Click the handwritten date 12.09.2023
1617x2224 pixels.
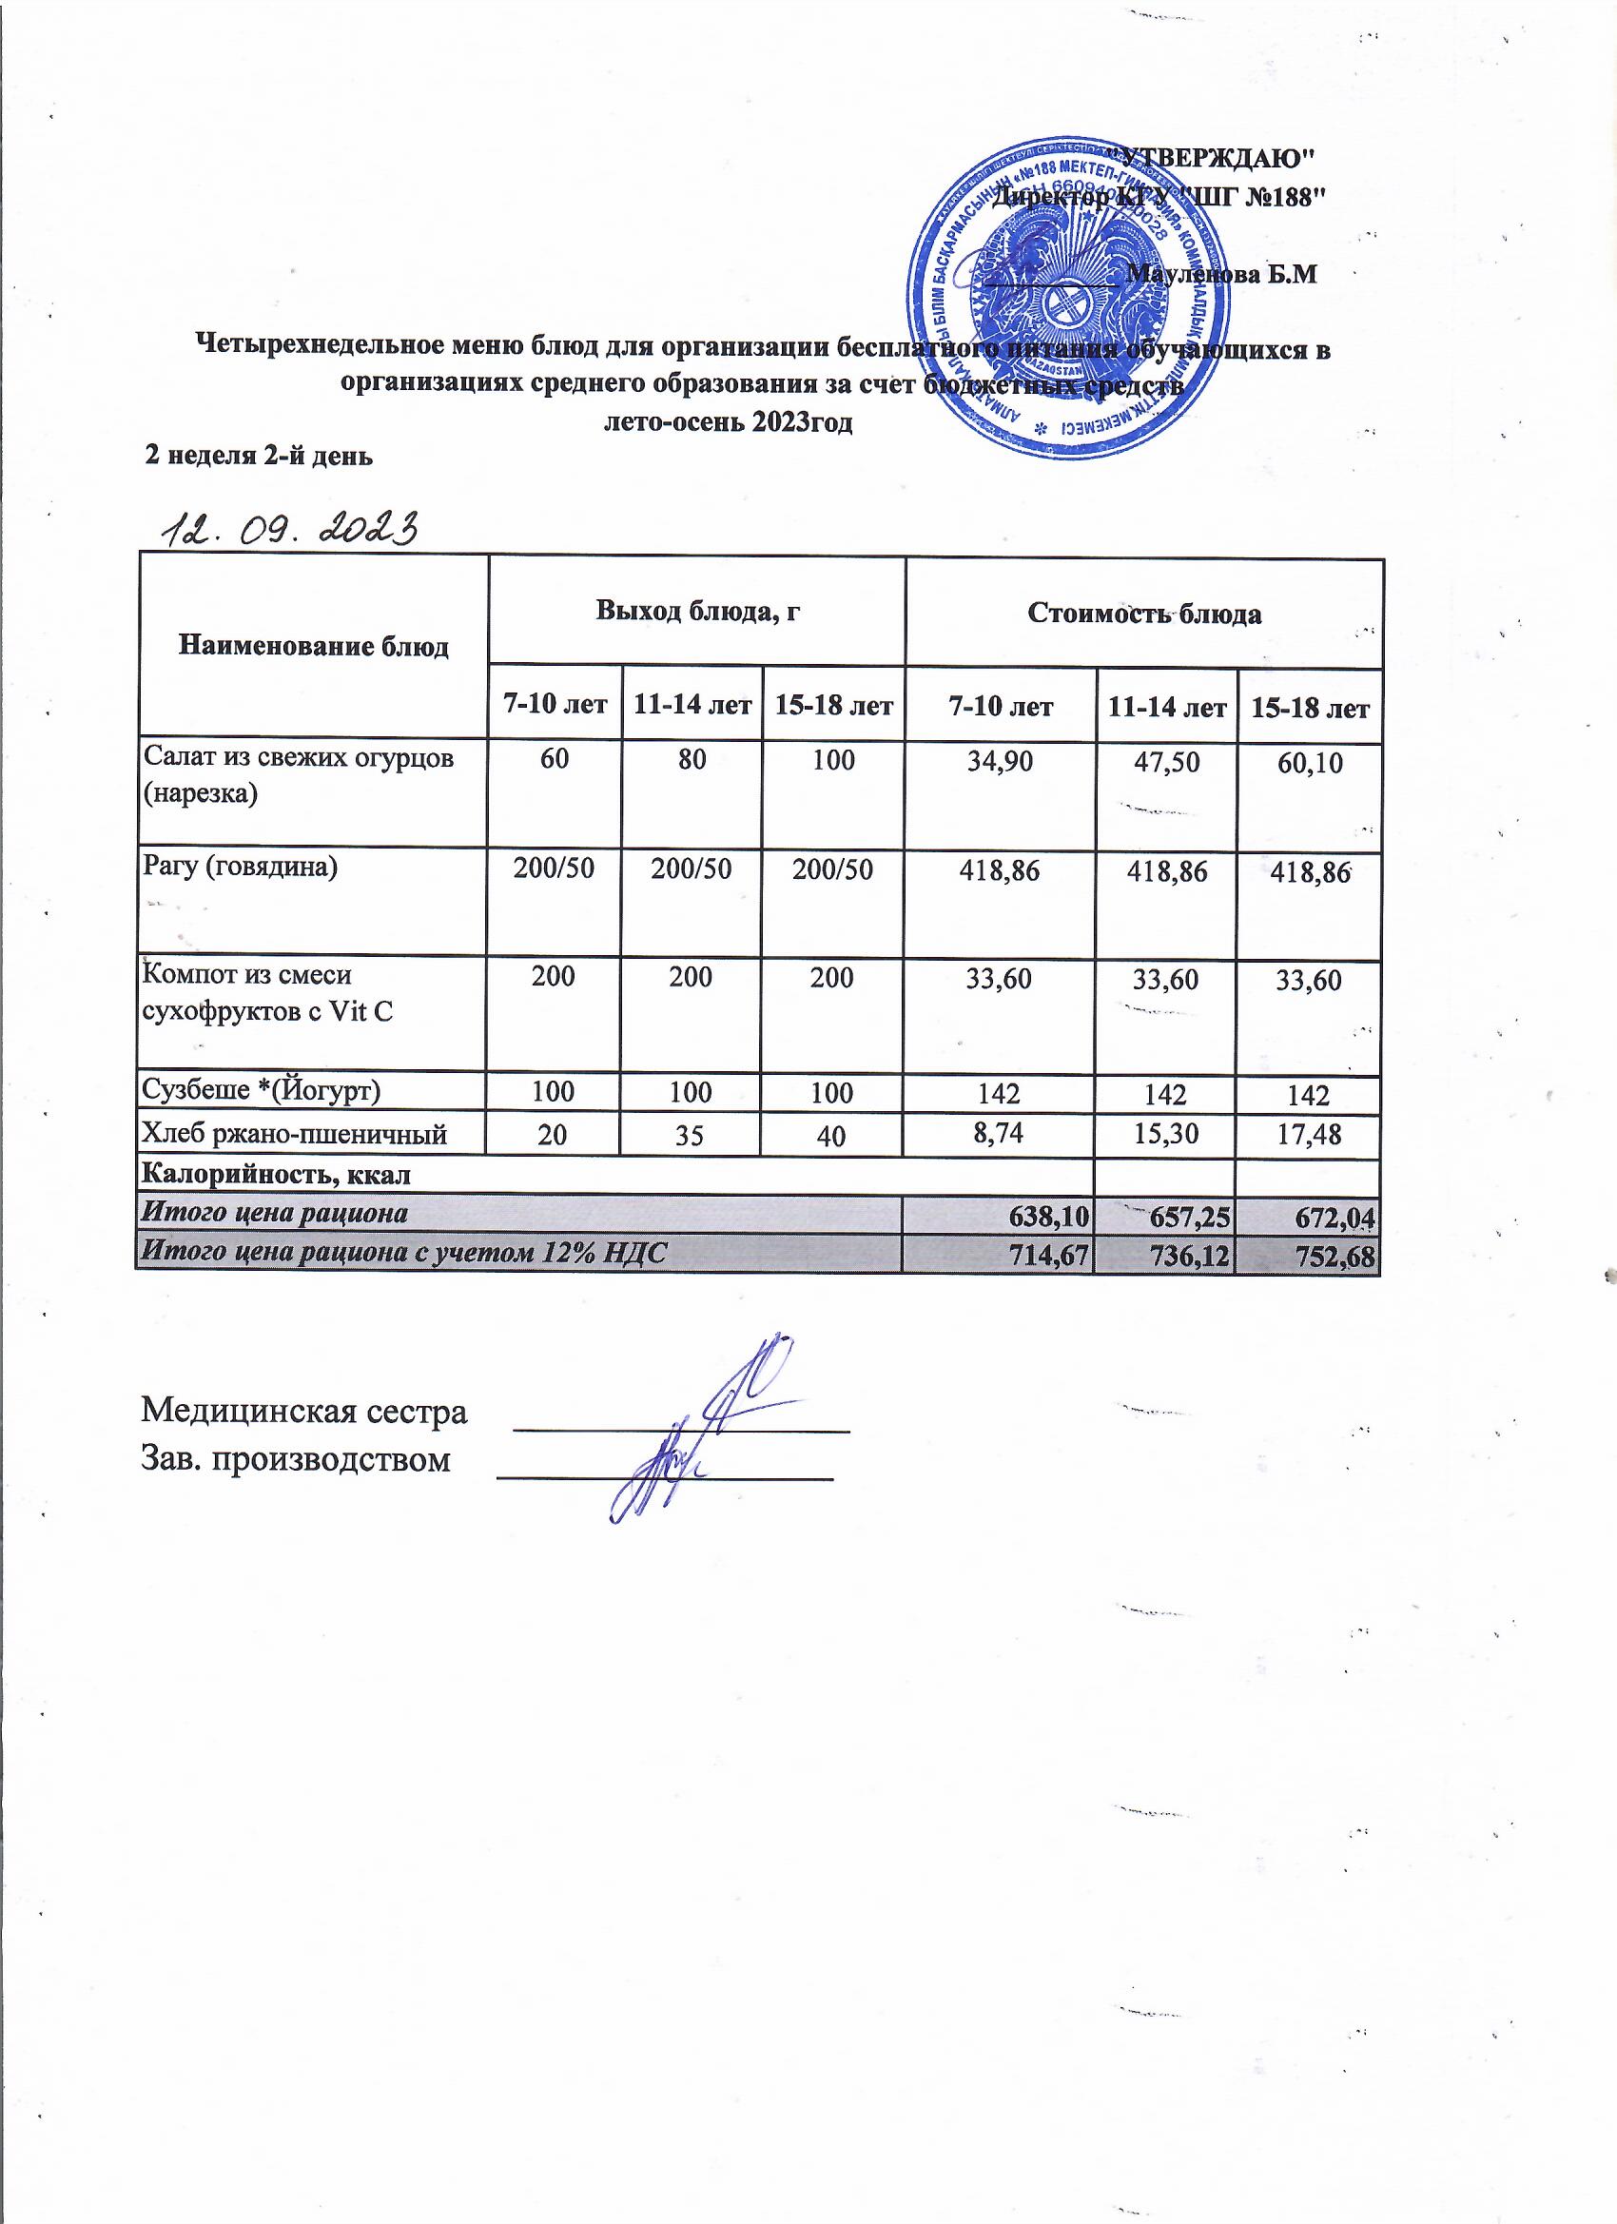(x=290, y=531)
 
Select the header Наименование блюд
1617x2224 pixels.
(x=313, y=647)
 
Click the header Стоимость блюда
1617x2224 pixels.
(x=1143, y=615)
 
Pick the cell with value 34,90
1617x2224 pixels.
(x=1000, y=760)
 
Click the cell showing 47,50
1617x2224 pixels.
(x=1165, y=762)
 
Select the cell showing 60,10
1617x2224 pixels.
(x=1309, y=764)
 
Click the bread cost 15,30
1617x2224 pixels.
(x=1165, y=1134)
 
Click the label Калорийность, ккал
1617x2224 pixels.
(x=277, y=1174)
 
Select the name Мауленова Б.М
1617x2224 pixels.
(x=1221, y=275)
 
